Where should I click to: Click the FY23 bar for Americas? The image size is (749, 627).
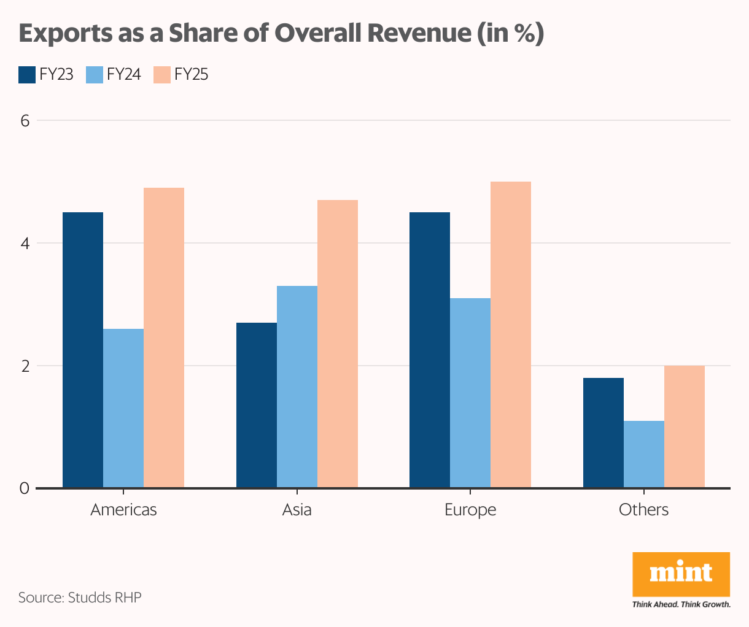point(83,350)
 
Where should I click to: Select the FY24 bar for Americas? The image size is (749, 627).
point(123,408)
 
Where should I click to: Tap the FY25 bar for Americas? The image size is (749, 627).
point(164,337)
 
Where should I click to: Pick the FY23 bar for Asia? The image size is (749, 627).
point(257,405)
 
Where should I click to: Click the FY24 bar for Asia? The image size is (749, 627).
point(297,387)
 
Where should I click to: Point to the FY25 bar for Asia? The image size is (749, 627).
point(338,344)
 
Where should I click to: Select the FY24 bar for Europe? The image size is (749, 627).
point(470,393)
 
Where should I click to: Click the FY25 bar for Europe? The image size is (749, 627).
point(511,334)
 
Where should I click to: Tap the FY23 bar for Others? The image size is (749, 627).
point(603,433)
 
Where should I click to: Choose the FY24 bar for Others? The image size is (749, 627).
point(644,454)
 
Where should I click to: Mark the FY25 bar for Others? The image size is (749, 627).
point(685,426)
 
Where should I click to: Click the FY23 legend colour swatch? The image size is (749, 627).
point(27,74)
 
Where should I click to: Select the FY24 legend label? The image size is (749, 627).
point(124,74)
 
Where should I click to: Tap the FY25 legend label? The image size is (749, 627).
point(192,74)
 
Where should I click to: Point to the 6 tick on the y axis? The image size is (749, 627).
point(25,120)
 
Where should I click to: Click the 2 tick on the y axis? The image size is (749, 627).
point(25,366)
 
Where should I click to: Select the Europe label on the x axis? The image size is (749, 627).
point(470,510)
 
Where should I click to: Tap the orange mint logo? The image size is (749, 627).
point(681,574)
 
